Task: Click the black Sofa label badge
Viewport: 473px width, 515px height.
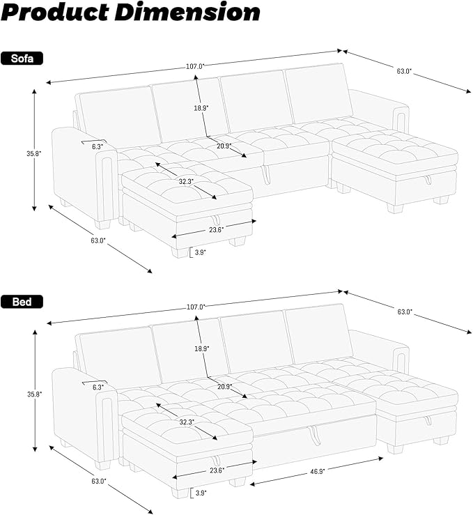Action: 22,59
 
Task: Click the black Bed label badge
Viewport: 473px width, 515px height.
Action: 22,302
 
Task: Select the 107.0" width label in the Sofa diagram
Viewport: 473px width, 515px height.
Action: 195,66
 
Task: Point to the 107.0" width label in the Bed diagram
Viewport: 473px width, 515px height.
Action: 196,307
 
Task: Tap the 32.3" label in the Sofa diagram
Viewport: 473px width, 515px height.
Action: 185,180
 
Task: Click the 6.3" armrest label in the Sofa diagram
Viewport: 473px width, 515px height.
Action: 97,146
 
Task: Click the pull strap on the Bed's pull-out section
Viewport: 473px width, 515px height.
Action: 313,434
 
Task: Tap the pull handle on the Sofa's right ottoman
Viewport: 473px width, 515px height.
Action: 426,180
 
